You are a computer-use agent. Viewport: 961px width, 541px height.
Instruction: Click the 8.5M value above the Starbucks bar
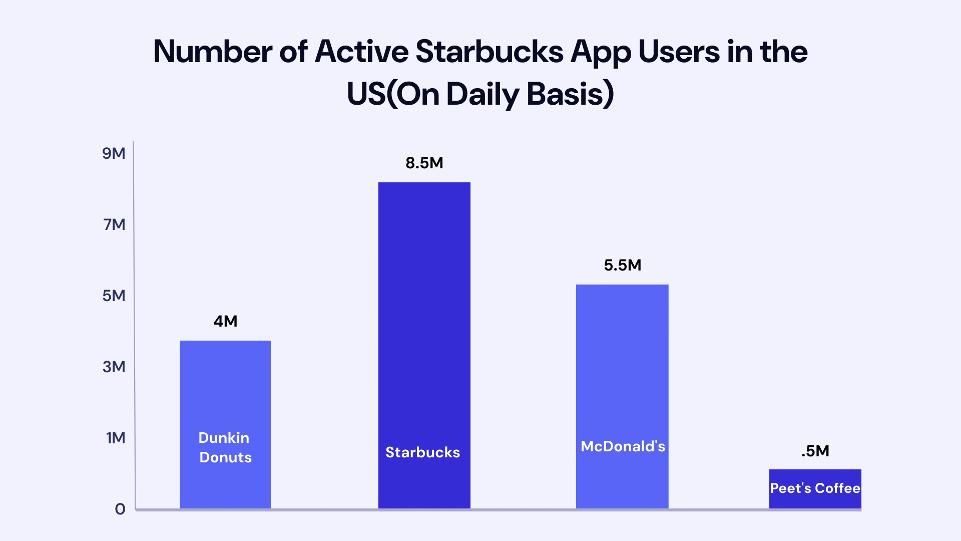(424, 163)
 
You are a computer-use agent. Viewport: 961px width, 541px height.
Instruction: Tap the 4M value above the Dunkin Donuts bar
(225, 321)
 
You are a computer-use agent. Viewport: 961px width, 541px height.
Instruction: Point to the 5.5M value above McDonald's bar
(622, 265)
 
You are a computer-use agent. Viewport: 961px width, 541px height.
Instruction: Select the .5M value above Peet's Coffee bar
(815, 451)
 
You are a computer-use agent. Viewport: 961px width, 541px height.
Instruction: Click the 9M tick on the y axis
(114, 153)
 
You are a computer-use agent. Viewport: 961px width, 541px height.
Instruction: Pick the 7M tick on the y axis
(114, 224)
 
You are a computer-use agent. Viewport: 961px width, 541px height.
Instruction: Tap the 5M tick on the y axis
(114, 296)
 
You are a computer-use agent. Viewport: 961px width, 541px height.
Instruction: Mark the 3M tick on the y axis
(114, 367)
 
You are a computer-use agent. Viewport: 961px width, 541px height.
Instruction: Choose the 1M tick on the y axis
(115, 438)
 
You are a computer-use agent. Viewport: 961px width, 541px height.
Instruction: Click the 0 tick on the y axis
(120, 509)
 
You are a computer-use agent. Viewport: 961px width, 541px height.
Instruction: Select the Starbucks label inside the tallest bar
(422, 452)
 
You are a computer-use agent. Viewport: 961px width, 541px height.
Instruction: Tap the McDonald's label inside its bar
(623, 446)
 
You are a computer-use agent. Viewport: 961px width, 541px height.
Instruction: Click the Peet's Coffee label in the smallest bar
(815, 488)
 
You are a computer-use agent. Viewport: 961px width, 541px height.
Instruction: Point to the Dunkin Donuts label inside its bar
(225, 447)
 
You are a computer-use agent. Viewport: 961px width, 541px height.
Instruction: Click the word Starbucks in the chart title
(490, 52)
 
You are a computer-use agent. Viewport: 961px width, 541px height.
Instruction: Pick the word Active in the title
(361, 52)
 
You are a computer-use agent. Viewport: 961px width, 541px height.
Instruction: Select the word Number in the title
(212, 52)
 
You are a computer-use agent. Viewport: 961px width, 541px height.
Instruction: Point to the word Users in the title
(679, 52)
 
